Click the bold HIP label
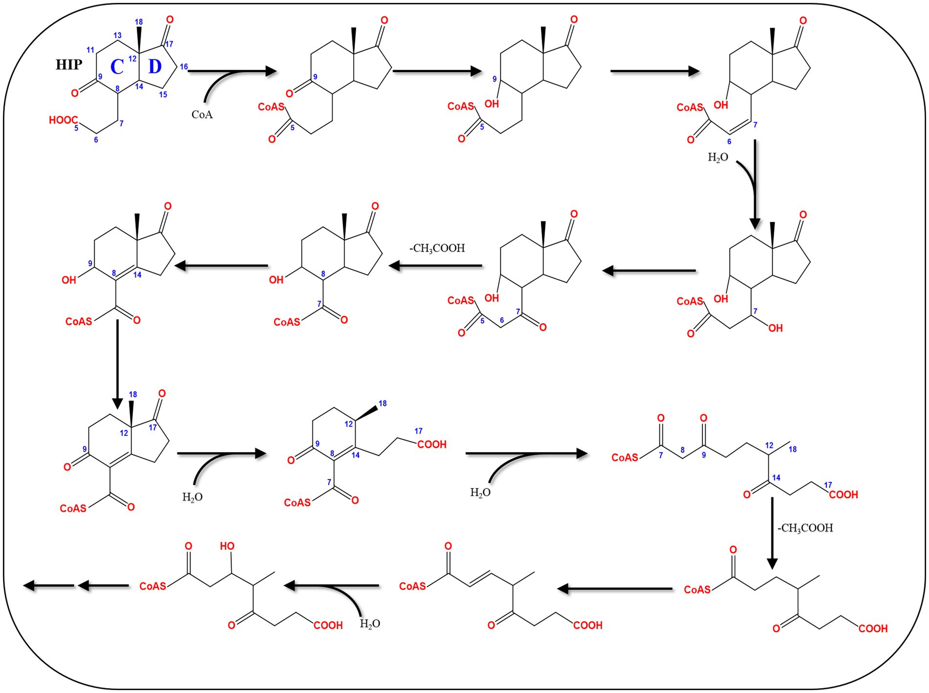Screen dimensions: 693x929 click(69, 64)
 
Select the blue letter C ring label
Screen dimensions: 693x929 click(117, 67)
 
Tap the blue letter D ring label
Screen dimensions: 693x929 click(155, 66)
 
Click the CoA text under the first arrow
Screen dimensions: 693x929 click(202, 115)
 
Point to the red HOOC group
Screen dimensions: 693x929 click(63, 120)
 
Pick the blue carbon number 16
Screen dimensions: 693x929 click(184, 67)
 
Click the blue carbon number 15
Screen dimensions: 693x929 click(163, 94)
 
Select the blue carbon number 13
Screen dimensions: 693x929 click(117, 35)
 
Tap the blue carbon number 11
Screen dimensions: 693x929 click(90, 50)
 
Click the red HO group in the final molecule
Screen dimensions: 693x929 click(227, 546)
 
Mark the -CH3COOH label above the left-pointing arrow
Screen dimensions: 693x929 click(437, 248)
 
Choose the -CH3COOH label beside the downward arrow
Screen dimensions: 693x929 click(805, 528)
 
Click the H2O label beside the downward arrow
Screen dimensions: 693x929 click(718, 157)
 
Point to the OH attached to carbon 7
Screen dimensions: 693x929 click(775, 328)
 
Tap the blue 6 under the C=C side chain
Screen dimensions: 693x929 click(729, 142)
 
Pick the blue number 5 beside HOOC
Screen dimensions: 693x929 click(76, 128)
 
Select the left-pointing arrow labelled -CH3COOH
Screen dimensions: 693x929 click(435, 266)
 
